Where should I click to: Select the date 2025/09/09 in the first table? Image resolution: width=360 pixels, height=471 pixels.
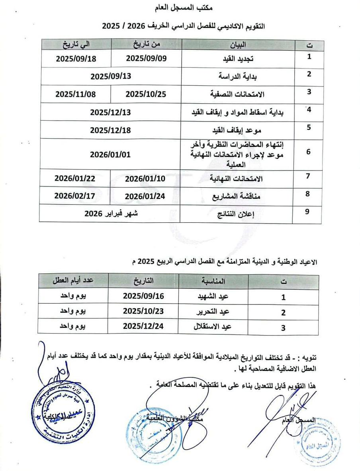pyautogui.click(x=146, y=58)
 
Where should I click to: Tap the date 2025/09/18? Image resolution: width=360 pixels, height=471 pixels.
pyautogui.click(x=76, y=58)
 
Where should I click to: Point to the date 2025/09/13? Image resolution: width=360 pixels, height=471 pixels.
pyautogui.click(x=111, y=76)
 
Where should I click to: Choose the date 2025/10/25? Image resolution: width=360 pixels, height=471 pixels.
pyautogui.click(x=145, y=94)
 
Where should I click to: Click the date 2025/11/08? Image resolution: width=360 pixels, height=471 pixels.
pyautogui.click(x=76, y=94)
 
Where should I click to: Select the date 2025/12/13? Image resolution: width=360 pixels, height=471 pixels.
pyautogui.click(x=110, y=112)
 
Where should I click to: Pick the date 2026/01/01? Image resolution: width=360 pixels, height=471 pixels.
pyautogui.click(x=110, y=154)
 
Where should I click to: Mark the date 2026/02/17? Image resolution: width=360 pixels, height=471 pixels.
pyautogui.click(x=75, y=196)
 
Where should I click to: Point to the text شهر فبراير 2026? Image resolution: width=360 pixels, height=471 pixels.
pyautogui.click(x=110, y=214)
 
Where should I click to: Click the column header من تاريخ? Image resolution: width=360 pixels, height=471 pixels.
pyautogui.click(x=146, y=43)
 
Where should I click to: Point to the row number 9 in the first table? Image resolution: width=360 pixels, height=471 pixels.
pyautogui.click(x=307, y=211)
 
